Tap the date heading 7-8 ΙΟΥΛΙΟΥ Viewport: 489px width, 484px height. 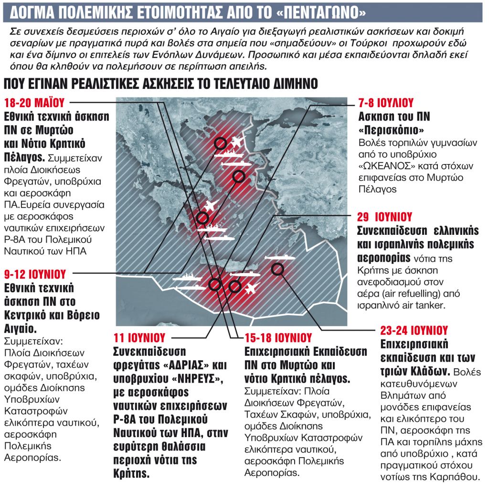point(386,103)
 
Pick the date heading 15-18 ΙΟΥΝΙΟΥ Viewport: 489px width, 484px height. point(278,338)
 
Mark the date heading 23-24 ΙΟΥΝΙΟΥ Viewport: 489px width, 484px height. point(414,330)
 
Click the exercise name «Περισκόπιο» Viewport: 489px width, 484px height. point(390,131)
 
